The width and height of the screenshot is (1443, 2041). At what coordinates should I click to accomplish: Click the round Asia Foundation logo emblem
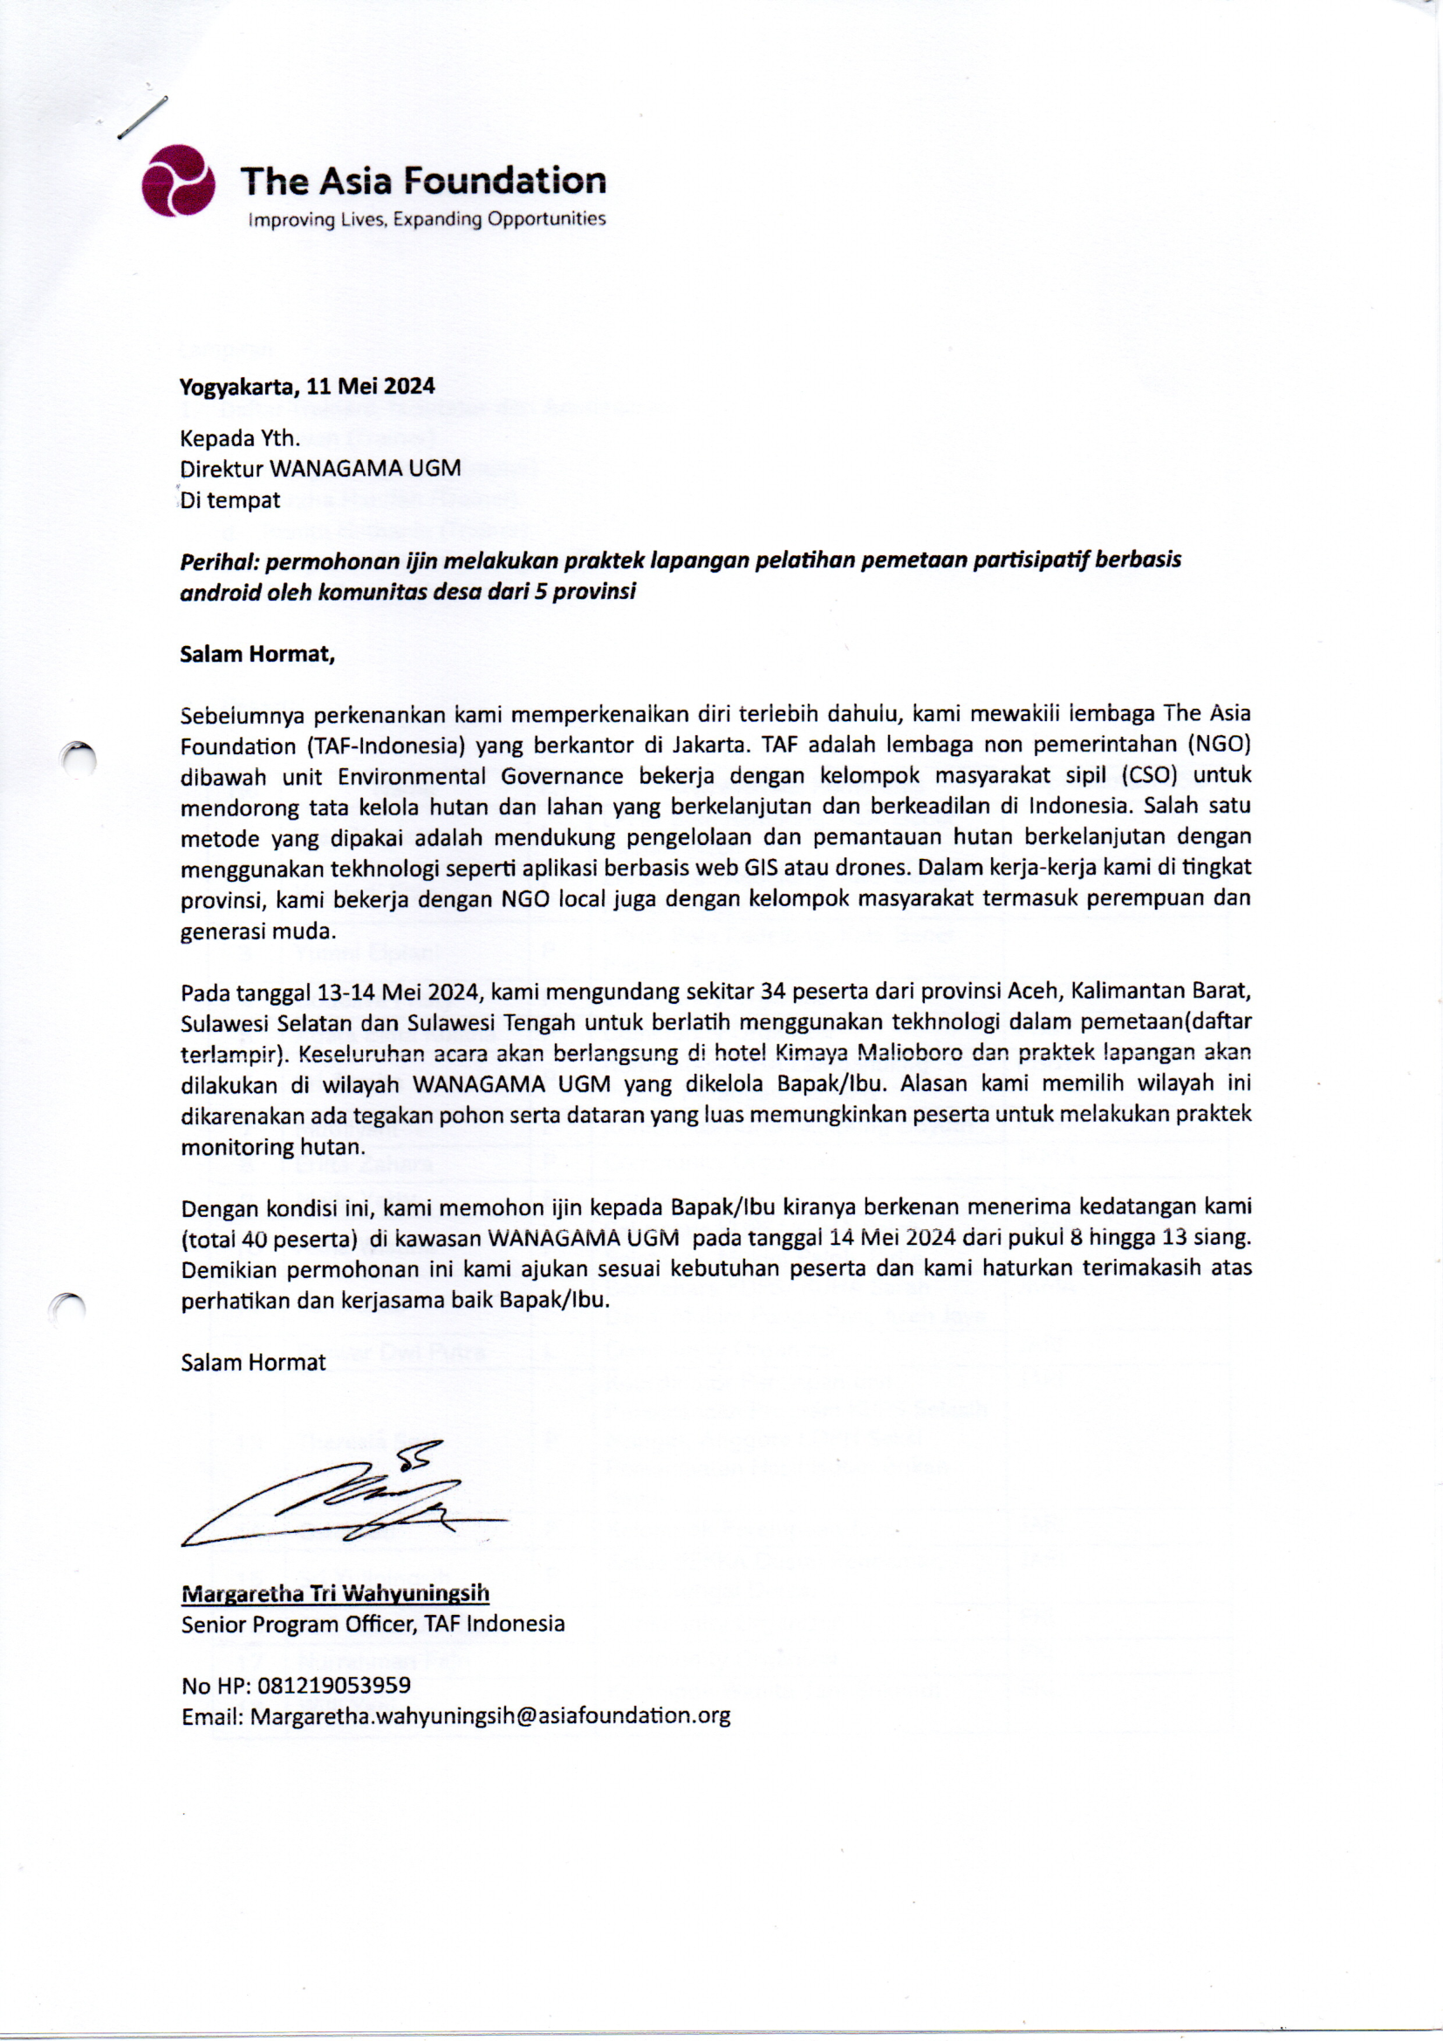pyautogui.click(x=178, y=181)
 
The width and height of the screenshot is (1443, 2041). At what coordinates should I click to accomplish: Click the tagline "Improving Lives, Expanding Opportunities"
pyautogui.click(x=427, y=218)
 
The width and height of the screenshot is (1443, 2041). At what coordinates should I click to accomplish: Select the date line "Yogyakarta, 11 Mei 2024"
pyautogui.click(x=306, y=386)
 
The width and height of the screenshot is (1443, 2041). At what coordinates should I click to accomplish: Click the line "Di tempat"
pyautogui.click(x=230, y=499)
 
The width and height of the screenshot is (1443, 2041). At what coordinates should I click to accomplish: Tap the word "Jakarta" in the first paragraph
pyautogui.click(x=707, y=744)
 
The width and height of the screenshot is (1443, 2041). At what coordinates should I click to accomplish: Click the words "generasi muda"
pyautogui.click(x=256, y=931)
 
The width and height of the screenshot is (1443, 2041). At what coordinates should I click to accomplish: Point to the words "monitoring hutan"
pyautogui.click(x=271, y=1147)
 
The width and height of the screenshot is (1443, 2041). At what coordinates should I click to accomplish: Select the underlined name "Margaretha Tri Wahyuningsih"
pyautogui.click(x=335, y=1594)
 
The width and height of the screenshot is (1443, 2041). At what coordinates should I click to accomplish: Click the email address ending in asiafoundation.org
pyautogui.click(x=489, y=1716)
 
